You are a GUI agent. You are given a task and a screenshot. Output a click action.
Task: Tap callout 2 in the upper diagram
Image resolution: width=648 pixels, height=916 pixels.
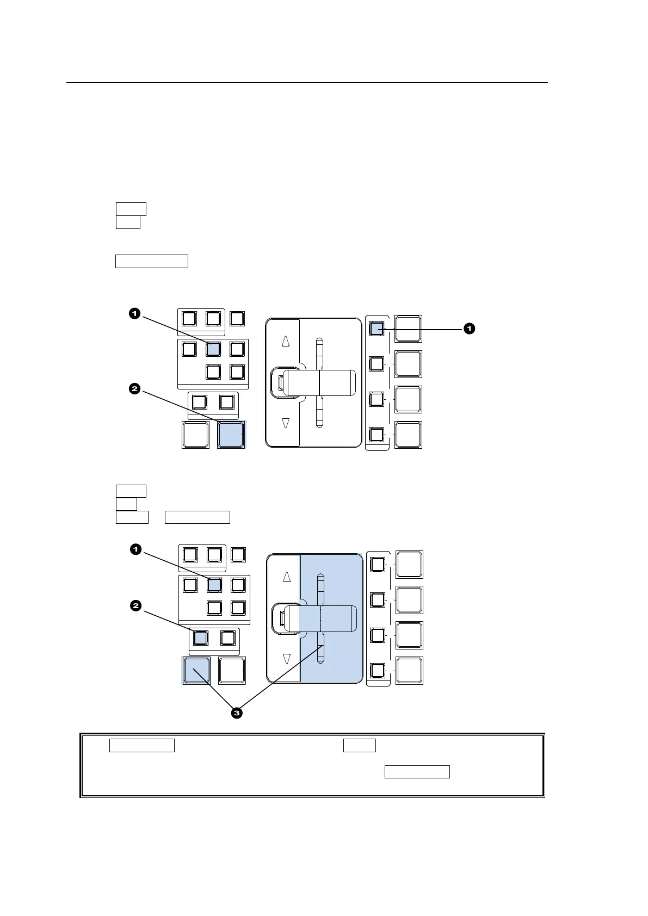pos(134,389)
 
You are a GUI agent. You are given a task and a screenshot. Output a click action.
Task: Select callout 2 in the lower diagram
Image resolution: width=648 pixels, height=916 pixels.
pos(135,605)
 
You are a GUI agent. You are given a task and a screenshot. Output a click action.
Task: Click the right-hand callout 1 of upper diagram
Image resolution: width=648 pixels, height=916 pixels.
pos(468,329)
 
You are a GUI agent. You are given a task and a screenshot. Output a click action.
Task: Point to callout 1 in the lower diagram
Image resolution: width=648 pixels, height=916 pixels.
pos(135,549)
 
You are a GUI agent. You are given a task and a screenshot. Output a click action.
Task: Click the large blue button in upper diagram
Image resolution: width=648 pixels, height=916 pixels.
pos(231,435)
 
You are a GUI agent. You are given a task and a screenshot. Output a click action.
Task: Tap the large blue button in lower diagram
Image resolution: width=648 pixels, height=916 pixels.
pos(196,670)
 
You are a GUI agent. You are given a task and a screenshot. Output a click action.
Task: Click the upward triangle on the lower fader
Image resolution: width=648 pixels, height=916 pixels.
pos(287,577)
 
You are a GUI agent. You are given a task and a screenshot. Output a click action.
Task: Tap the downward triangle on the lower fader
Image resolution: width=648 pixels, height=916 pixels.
pos(287,659)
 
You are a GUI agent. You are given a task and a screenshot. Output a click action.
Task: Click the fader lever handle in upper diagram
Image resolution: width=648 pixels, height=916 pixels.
pos(319,382)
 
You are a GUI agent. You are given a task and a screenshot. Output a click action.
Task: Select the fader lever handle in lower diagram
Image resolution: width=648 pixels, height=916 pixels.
pos(321,618)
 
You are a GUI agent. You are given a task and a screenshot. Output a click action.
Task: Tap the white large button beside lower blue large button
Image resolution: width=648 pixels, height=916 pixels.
pos(232,670)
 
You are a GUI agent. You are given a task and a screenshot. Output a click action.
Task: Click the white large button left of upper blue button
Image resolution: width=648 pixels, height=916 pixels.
pos(195,435)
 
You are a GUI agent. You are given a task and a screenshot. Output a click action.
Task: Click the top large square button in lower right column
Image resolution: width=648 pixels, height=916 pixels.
pos(409,564)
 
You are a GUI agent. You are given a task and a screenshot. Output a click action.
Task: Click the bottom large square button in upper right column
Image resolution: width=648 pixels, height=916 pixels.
pos(408,435)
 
